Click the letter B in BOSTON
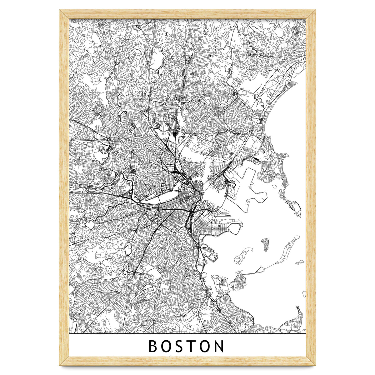click(x=153, y=346)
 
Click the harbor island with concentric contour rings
click(x=265, y=245)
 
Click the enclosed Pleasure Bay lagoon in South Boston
click(x=236, y=230)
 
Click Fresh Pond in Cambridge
click(x=102, y=155)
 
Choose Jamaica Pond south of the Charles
click(x=128, y=250)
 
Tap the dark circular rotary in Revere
click(x=234, y=93)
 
